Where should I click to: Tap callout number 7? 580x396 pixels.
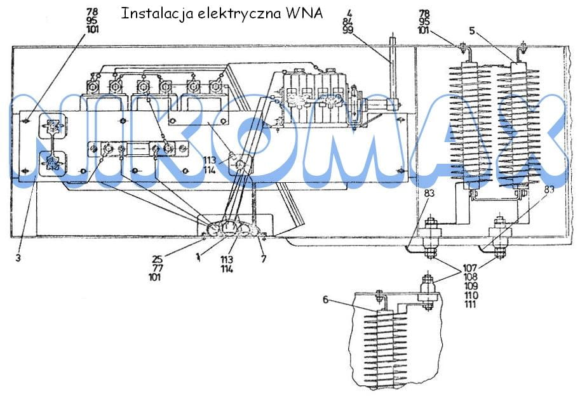(261, 259)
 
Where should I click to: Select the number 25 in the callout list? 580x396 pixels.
(158, 259)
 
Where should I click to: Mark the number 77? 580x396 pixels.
(157, 268)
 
